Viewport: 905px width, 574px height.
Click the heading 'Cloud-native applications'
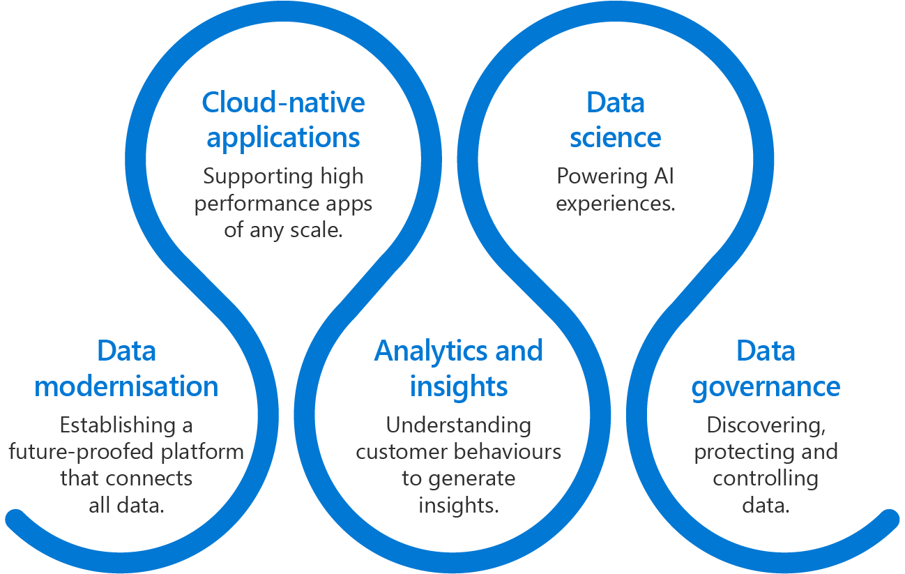coord(283,120)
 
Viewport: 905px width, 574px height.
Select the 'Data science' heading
coord(615,120)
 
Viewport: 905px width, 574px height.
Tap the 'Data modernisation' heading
coord(126,368)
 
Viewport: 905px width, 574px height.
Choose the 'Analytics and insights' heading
coord(458,368)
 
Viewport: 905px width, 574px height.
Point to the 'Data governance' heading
coord(766,368)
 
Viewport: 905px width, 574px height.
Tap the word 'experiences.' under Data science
coord(615,204)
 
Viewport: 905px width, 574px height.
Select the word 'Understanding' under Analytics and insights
coord(458,425)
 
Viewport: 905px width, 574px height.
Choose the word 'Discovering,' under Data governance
coord(766,425)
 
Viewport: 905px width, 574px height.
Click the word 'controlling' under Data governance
coord(765,478)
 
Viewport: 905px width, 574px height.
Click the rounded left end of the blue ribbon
coord(15,519)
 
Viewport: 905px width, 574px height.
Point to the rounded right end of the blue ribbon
coord(889,519)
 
